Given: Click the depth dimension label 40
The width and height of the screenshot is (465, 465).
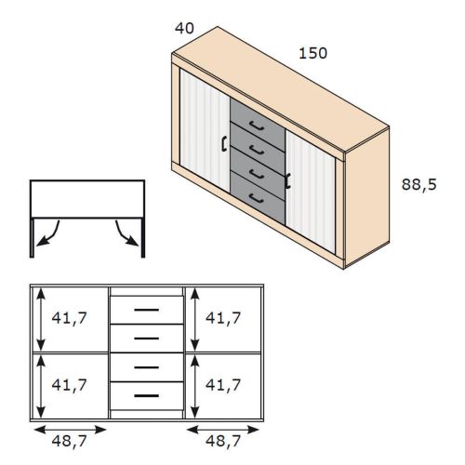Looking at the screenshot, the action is (184, 28).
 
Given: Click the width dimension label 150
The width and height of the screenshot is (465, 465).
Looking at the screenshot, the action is (312, 53).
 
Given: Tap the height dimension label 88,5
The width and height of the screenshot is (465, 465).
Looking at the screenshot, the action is (419, 185).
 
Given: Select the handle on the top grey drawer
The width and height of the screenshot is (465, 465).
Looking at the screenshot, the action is (257, 126).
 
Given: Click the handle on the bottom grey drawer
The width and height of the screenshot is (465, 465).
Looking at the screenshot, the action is (257, 198).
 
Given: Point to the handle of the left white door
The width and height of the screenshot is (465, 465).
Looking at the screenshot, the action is (224, 144).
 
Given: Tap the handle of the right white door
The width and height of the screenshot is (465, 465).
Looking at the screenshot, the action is (287, 180).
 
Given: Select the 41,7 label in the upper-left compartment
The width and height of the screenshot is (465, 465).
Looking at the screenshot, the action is (69, 318).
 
